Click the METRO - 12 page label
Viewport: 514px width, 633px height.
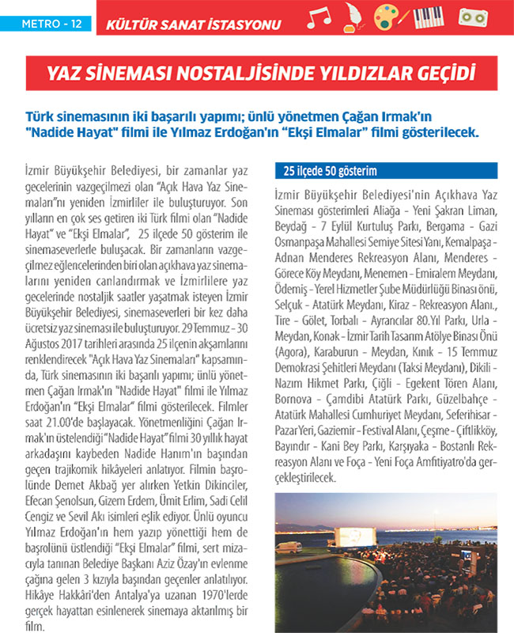pos(47,24)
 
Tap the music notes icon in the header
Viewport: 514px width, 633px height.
pos(319,19)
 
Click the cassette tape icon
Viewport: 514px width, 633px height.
pos(473,17)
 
